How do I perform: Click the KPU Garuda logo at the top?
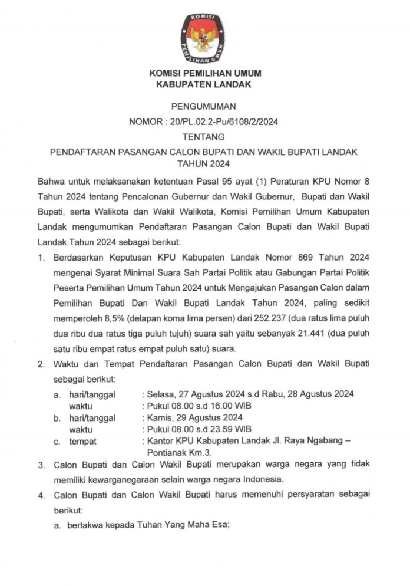click(204, 35)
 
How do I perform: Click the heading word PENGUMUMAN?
click(204, 107)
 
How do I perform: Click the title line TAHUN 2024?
click(204, 163)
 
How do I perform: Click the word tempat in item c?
click(82, 441)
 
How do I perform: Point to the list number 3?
click(41, 466)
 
